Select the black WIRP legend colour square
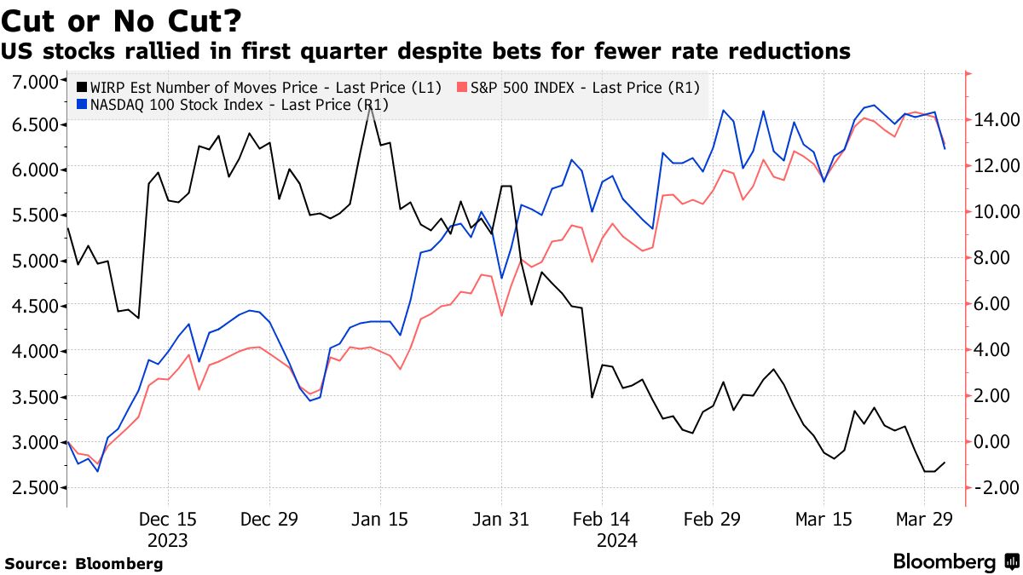(81, 86)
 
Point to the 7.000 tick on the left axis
(33, 81)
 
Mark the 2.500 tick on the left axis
(33, 487)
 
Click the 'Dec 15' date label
(168, 519)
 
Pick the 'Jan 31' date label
(500, 519)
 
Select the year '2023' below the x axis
(168, 540)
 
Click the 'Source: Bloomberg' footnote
(84, 563)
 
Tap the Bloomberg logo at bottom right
(955, 561)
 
